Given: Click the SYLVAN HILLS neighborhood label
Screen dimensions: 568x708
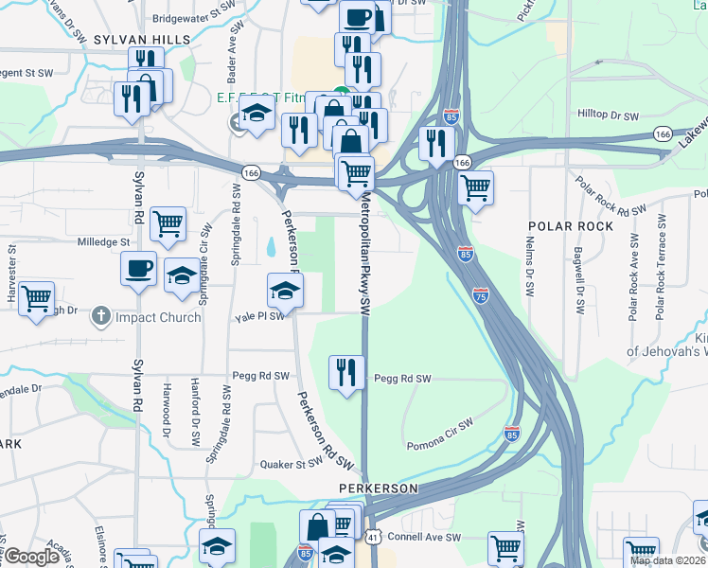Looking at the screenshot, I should tap(142, 40).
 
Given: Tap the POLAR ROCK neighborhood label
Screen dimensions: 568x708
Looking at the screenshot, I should tap(570, 226).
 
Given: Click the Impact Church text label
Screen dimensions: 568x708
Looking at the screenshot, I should tap(158, 317).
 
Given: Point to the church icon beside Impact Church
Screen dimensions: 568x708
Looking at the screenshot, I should tap(99, 316).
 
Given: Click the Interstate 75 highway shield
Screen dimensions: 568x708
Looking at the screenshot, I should tap(480, 296).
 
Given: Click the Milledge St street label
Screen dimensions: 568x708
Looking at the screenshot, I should tap(102, 242).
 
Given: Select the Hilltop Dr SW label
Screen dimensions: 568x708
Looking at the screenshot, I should tap(608, 115).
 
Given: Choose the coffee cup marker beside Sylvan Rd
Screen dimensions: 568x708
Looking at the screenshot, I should tap(138, 268).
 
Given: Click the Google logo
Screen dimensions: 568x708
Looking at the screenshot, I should tap(31, 557).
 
